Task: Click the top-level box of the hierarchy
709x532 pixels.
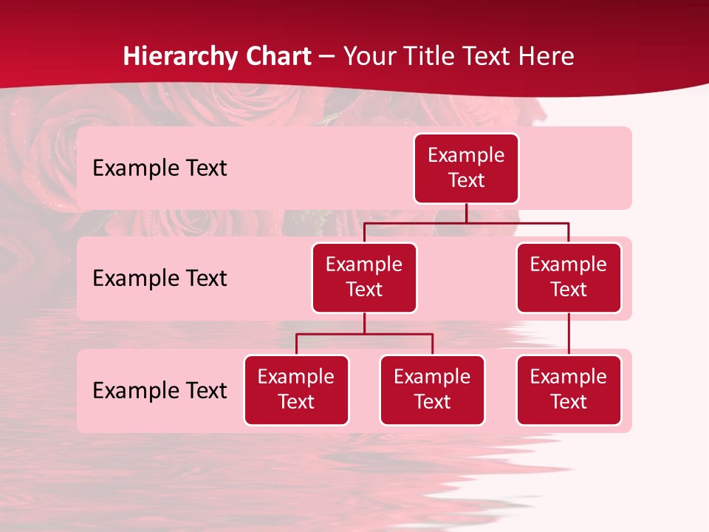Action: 466,168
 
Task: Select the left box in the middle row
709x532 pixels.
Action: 364,278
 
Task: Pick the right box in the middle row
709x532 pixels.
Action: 569,278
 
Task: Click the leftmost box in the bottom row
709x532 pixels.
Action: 296,390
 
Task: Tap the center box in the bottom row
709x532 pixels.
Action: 432,390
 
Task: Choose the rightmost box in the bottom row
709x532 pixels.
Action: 569,390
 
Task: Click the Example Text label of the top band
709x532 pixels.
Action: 160,168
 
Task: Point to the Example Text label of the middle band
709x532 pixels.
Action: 160,279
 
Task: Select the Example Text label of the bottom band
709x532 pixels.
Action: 160,390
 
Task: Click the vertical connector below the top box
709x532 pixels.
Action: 466,213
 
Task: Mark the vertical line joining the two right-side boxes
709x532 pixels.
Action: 569,334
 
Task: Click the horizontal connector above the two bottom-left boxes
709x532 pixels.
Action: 364,334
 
